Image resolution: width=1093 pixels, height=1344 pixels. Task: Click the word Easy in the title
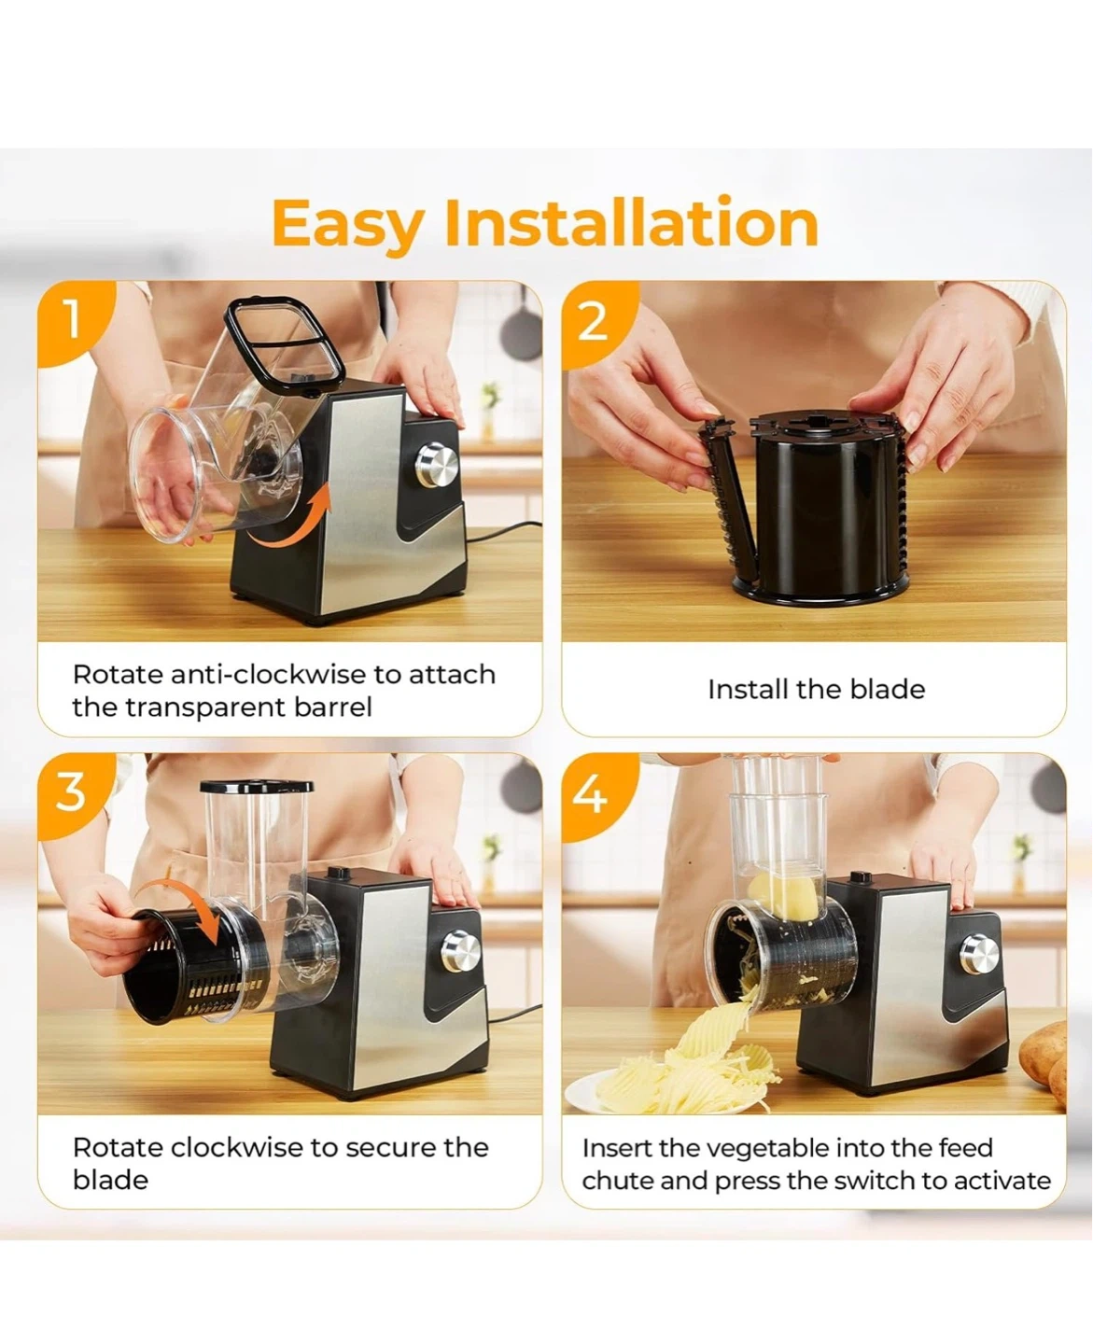[x=348, y=224]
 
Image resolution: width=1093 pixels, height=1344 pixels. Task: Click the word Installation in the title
[x=631, y=221]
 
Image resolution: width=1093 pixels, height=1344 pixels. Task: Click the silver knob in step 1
[x=438, y=466]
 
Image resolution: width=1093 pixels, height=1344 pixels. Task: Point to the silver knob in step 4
[x=979, y=954]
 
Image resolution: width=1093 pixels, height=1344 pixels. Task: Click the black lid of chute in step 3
[x=256, y=787]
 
